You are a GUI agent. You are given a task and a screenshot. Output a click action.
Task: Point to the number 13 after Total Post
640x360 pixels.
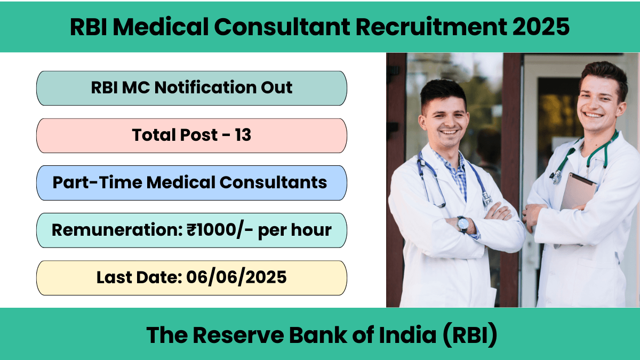tap(243, 135)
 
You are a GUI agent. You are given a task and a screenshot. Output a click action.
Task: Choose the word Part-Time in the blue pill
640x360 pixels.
tap(97, 182)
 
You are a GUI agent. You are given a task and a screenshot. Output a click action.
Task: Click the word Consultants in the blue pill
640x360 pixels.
tap(273, 182)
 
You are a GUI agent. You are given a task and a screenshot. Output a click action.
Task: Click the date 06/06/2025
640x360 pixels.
tap(236, 277)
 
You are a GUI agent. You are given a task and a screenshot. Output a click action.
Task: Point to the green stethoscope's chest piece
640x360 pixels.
tap(556, 177)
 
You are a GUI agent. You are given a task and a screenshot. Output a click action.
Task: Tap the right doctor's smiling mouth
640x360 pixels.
tap(593, 115)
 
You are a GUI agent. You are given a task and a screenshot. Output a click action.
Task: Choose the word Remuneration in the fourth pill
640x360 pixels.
tap(117, 229)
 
